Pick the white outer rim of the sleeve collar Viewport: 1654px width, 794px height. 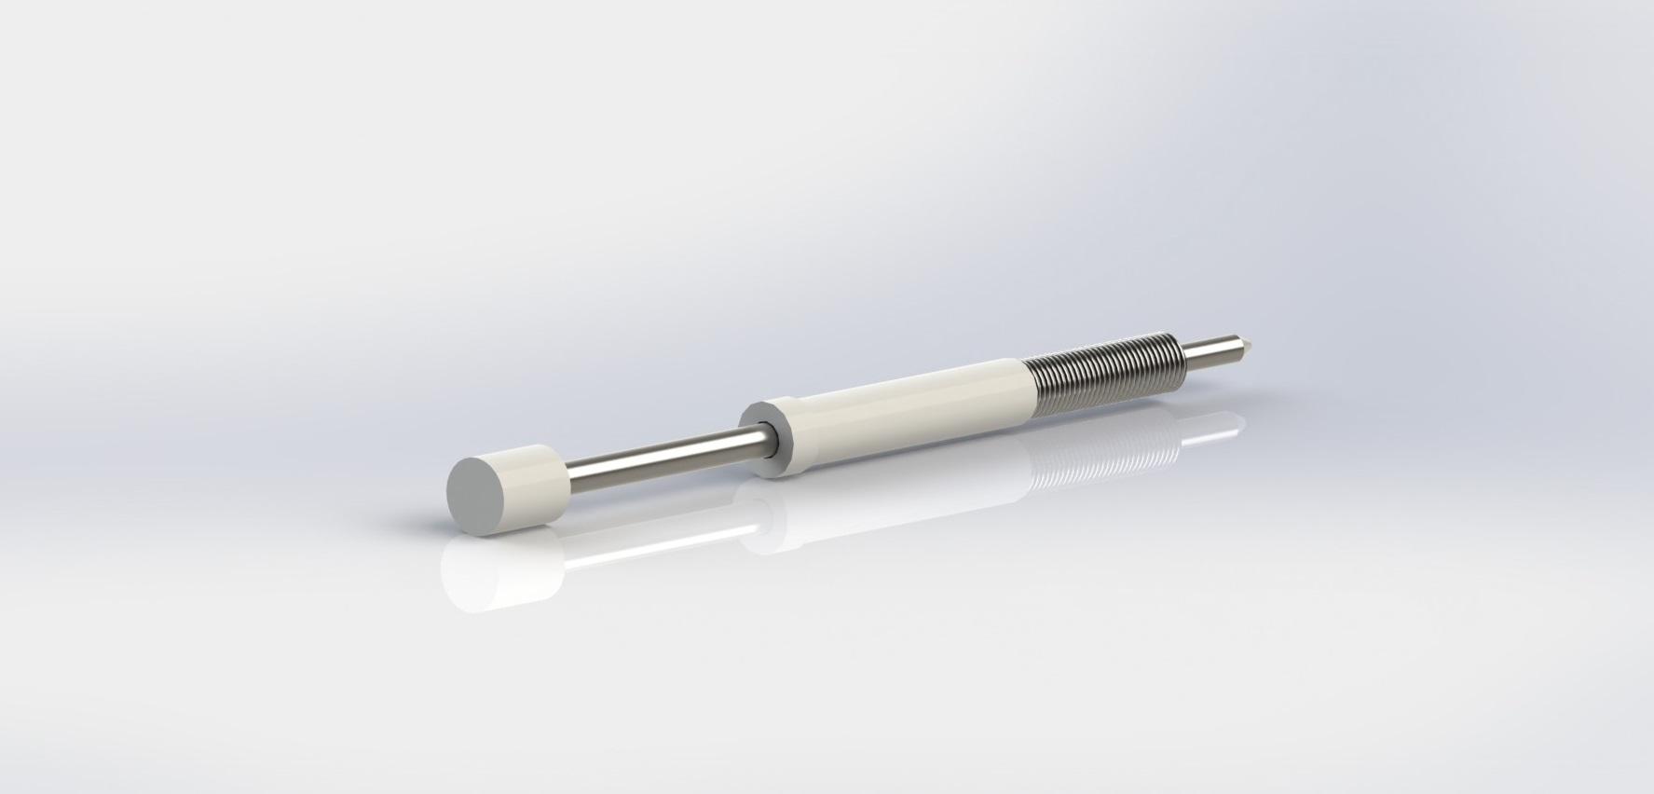pyautogui.click(x=778, y=410)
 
